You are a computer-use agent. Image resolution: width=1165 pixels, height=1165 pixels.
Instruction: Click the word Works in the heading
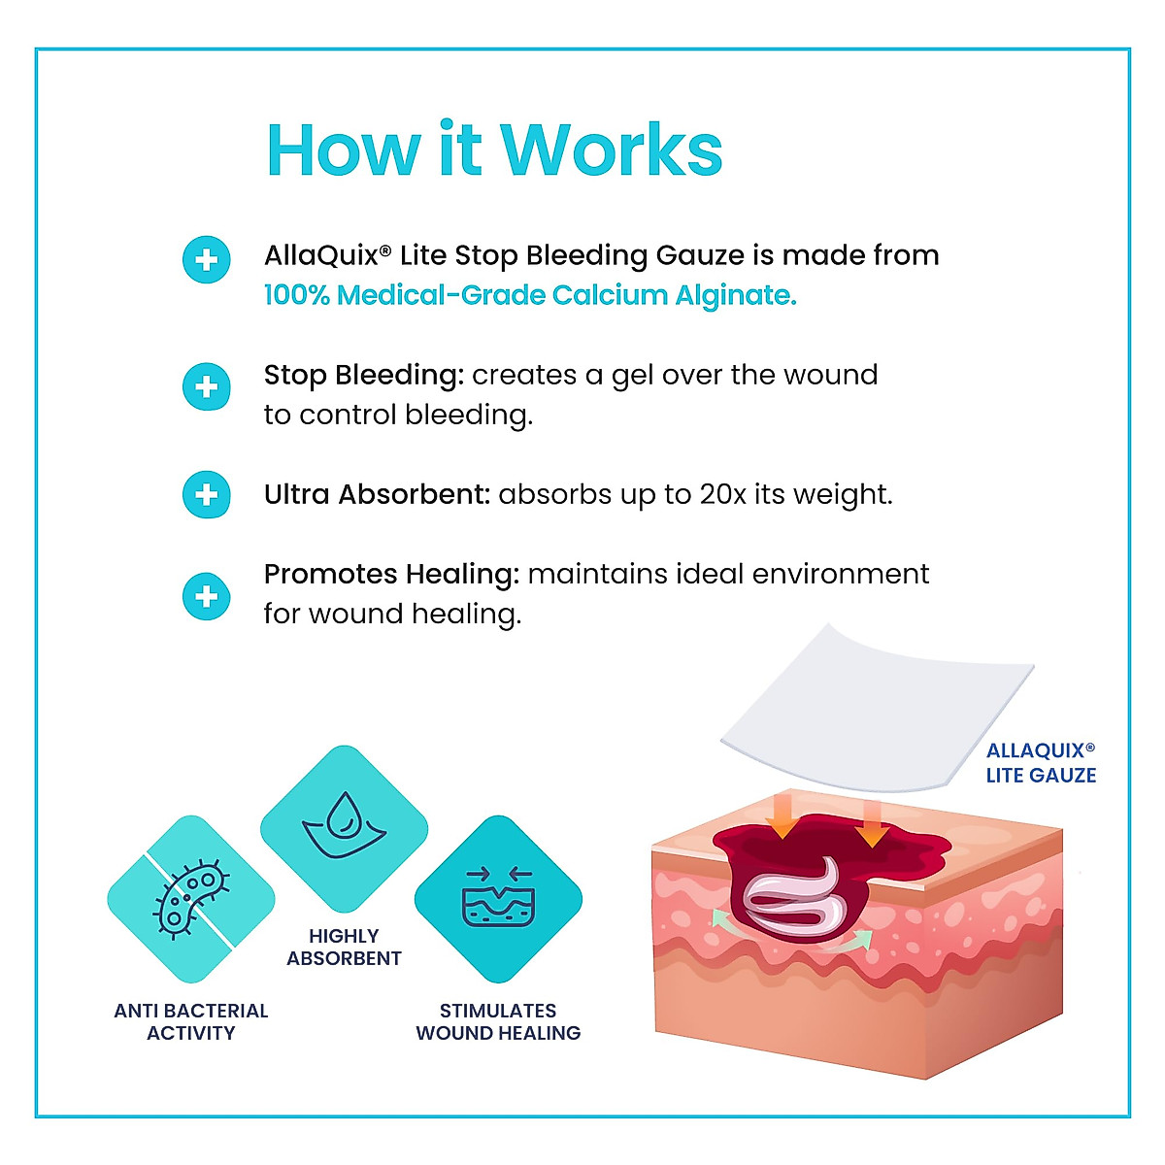612,150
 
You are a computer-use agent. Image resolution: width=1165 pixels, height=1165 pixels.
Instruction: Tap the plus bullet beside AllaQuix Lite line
207,260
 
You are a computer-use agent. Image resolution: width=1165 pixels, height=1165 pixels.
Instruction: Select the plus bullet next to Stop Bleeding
207,387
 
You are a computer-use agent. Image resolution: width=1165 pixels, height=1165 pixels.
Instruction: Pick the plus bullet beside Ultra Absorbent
207,495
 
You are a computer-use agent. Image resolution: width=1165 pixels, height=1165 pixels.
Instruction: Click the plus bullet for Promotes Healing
207,595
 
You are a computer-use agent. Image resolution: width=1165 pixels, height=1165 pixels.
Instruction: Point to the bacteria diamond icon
190,899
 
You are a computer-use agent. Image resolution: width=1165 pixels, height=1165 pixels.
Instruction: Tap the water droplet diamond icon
344,828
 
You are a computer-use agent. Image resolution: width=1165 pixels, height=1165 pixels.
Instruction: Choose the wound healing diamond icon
498,899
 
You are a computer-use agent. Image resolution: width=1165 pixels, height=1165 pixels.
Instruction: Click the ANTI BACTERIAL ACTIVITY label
190,1021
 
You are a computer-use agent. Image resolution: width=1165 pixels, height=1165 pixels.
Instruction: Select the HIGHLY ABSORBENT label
344,947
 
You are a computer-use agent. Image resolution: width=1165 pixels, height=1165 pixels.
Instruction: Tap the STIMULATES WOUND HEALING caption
498,1021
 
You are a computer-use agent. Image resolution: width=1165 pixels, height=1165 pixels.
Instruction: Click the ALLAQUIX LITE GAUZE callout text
1041,763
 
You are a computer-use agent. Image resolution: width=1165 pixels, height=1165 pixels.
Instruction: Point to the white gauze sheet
879,709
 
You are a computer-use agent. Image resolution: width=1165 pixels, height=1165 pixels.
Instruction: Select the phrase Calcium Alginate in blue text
675,295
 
